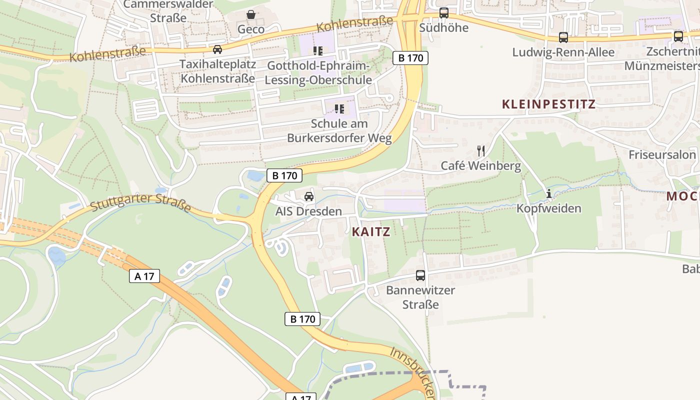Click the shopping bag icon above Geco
pos(251,15)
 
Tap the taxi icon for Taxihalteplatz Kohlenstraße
pos(217,49)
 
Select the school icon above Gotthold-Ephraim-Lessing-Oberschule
pos(318,50)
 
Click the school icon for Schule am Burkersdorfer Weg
pos(339,108)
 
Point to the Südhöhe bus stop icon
pos(444,13)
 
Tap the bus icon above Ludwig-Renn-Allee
pos(563,37)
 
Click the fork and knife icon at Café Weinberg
pos(481,150)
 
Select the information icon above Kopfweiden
pos(549,193)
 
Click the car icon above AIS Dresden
pos(309,196)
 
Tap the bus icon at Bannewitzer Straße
pos(420,275)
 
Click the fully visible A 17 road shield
pos(144,276)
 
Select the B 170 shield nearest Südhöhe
pos(410,58)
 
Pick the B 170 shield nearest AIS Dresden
pos(285,175)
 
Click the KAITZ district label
pos(370,232)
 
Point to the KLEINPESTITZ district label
pos(548,104)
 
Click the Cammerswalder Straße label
pos(168,11)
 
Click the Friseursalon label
pos(662,154)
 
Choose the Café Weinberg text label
pos(480,165)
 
